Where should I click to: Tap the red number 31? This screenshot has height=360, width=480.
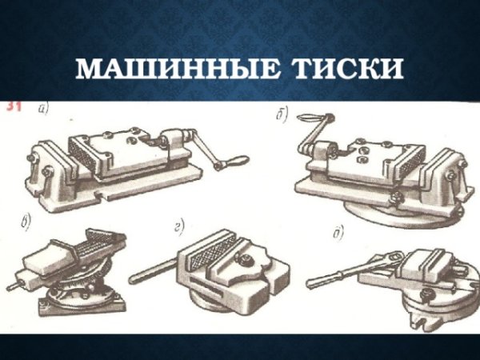click(14, 106)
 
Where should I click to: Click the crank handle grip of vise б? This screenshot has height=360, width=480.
click(307, 120)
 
